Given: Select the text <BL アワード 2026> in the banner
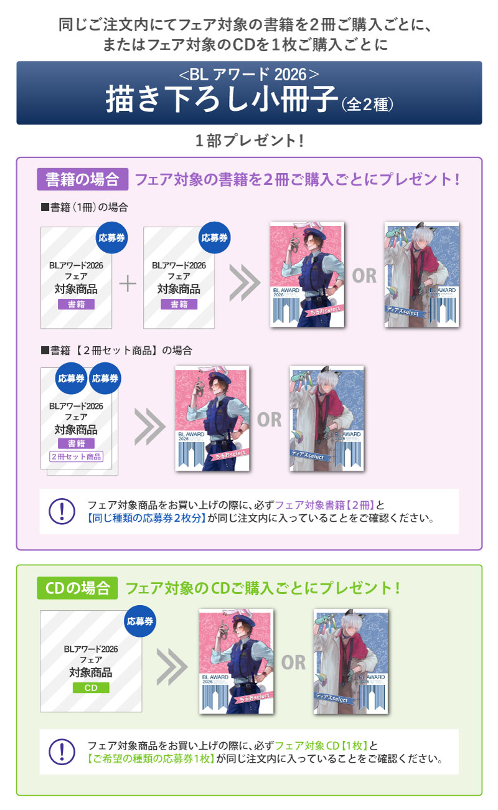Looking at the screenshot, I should (249, 75).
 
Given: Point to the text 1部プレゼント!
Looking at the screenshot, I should (249, 141).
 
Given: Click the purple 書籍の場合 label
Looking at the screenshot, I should (82, 179).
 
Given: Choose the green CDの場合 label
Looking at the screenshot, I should (77, 587).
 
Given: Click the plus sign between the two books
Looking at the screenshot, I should (128, 284).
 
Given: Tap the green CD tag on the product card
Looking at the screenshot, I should (91, 687).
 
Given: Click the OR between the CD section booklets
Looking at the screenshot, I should (293, 662).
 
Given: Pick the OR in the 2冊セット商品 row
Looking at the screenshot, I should (270, 420).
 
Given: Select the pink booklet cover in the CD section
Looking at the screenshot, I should (236, 661).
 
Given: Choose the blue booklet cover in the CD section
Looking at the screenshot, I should (350, 661).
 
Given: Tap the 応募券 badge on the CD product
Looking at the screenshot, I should (139, 621).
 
